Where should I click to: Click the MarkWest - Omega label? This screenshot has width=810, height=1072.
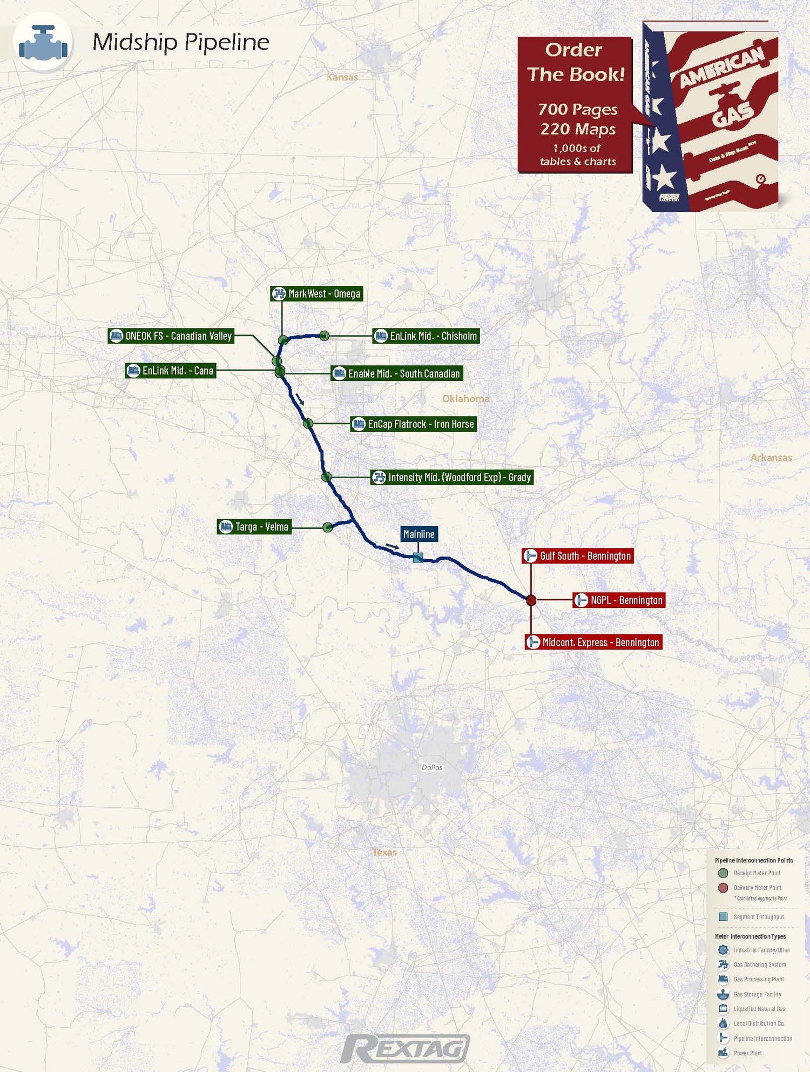(316, 294)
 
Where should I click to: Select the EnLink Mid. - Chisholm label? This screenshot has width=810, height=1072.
(426, 336)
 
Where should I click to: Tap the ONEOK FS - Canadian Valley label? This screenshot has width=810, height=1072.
(171, 336)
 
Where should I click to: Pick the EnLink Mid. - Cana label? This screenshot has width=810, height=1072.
(171, 371)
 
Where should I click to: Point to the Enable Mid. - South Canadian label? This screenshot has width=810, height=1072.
(397, 373)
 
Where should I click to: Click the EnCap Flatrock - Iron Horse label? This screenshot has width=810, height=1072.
(414, 424)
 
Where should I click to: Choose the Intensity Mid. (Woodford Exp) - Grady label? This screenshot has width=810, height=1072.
(452, 477)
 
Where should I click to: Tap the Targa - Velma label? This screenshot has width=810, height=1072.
(254, 527)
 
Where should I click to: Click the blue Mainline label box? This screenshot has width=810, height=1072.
(418, 534)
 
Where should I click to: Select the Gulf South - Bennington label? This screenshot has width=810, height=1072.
(577, 556)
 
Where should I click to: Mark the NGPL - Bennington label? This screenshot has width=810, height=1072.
(619, 600)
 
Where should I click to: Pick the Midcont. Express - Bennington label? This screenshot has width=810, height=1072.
(593, 642)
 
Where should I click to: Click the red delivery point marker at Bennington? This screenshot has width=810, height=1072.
(531, 600)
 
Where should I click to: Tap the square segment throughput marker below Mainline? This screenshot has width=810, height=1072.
(417, 558)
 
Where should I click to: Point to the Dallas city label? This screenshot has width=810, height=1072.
(432, 767)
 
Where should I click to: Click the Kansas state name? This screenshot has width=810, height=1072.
(342, 77)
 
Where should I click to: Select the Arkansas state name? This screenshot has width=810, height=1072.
(771, 458)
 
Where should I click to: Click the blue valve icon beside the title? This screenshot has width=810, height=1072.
(43, 43)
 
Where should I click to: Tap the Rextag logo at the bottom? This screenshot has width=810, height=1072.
(406, 1048)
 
